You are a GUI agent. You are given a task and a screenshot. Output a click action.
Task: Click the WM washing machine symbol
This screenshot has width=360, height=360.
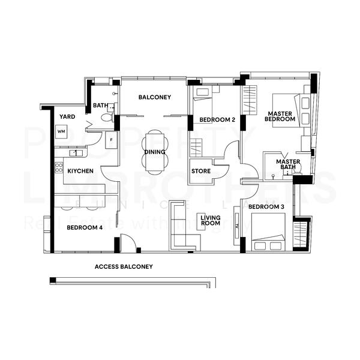click(x=61, y=131)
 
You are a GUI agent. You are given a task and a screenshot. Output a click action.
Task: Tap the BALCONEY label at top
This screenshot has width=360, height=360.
click(x=155, y=97)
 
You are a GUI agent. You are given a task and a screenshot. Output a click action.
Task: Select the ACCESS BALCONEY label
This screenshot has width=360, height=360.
click(x=124, y=266)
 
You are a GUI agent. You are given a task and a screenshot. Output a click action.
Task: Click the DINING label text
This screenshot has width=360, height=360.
click(x=155, y=152)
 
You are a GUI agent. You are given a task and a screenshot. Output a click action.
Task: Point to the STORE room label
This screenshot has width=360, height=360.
click(x=200, y=171)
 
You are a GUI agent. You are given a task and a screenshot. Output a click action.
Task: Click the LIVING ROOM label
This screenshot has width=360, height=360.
click(x=211, y=220)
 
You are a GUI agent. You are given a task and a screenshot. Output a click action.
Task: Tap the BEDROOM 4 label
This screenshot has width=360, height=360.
click(x=85, y=227)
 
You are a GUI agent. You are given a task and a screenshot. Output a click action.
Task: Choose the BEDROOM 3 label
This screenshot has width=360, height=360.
click(x=266, y=207)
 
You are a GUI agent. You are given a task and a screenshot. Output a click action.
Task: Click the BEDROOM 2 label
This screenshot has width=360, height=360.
click(x=217, y=119)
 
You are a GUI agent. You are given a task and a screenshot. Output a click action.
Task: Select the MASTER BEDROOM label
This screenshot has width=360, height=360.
click(x=281, y=116)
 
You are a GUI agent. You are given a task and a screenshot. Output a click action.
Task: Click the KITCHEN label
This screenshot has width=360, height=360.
click(x=80, y=171)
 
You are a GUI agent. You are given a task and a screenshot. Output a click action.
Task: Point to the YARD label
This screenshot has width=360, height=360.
click(x=66, y=116)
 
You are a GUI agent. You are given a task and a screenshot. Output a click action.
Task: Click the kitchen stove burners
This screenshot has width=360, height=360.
click(x=59, y=168)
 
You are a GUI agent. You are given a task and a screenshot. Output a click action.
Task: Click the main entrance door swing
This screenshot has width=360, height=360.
click(x=128, y=244)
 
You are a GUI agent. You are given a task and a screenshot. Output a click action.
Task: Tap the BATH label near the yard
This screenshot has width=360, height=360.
click(x=100, y=106)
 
